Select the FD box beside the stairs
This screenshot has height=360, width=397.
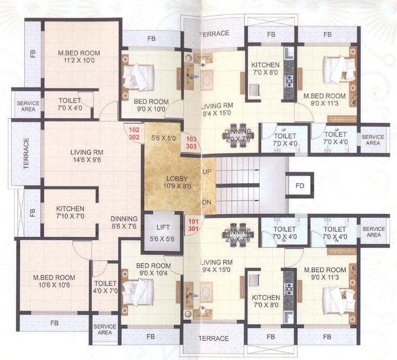pyautogui.click(x=300, y=186)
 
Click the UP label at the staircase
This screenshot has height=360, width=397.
pyautogui.click(x=207, y=172)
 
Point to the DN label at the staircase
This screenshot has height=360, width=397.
pyautogui.click(x=207, y=202)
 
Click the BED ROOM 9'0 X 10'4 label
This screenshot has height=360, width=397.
pyautogui.click(x=153, y=269)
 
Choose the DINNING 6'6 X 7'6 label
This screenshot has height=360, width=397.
pyautogui.click(x=124, y=222)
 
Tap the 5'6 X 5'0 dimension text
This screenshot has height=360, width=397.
pyautogui.click(x=162, y=138)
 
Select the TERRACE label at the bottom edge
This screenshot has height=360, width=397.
pyautogui.click(x=213, y=338)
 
